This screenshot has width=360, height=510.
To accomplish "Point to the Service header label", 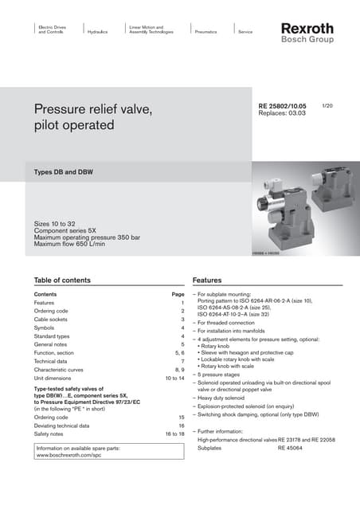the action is pos(245,32).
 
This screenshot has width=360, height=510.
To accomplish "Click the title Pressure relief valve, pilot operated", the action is pos(92,116).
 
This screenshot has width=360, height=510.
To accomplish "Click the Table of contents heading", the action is pos(68,280).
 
